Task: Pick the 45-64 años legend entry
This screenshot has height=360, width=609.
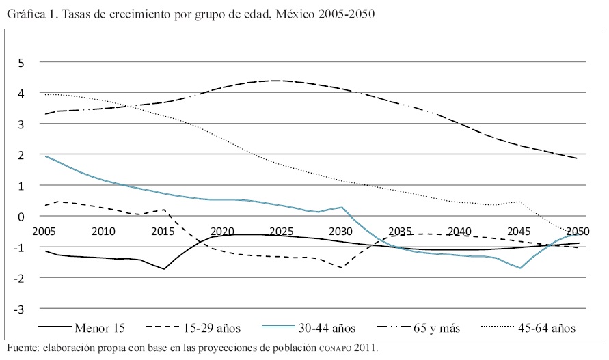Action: (547, 328)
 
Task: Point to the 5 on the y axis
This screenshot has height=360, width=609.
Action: (21, 63)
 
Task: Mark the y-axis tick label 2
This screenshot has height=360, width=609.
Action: (21, 155)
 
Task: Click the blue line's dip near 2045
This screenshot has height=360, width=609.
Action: (520, 268)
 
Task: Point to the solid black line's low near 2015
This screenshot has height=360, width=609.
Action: (164, 269)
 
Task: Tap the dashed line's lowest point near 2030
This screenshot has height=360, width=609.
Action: (340, 268)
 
